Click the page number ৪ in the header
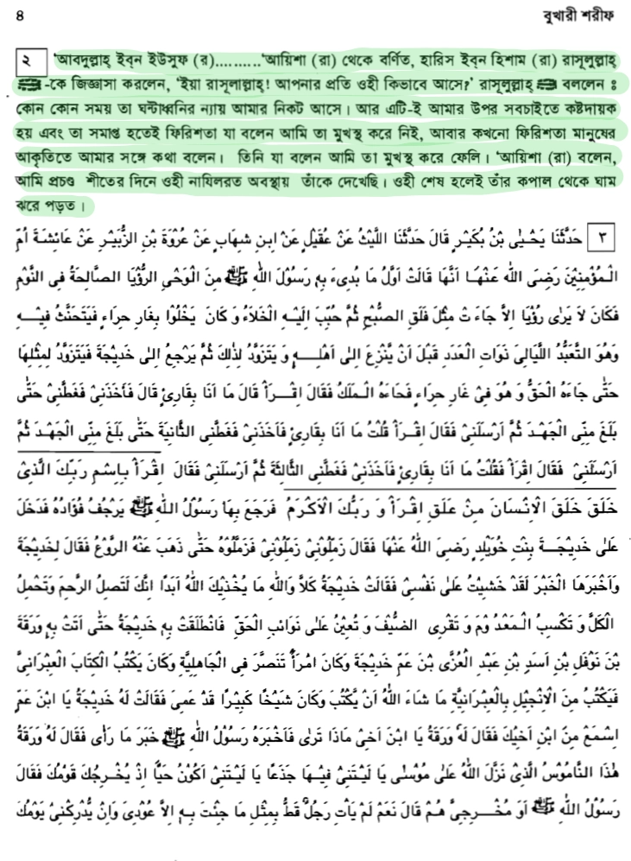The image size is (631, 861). tap(20, 15)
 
